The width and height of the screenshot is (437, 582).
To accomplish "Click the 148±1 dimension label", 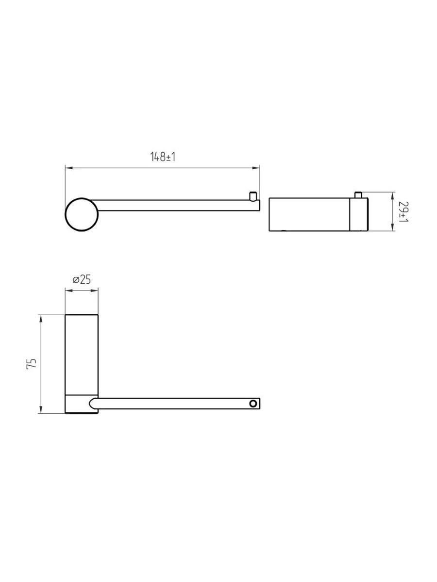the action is pyautogui.click(x=163, y=157).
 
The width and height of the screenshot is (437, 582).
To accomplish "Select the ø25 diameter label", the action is pyautogui.click(x=82, y=279).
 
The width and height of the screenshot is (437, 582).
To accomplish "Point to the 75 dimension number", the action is pyautogui.click(x=31, y=363).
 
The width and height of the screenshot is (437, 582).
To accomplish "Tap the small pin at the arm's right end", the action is pyautogui.click(x=253, y=196).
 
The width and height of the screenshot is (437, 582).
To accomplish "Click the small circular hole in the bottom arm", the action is pyautogui.click(x=253, y=411).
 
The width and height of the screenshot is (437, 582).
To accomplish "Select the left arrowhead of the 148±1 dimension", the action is pyautogui.click(x=69, y=168).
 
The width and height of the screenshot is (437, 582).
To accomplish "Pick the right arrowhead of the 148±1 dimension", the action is pyautogui.click(x=256, y=168).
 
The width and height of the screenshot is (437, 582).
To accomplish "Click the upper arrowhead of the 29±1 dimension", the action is pyautogui.click(x=392, y=196).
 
